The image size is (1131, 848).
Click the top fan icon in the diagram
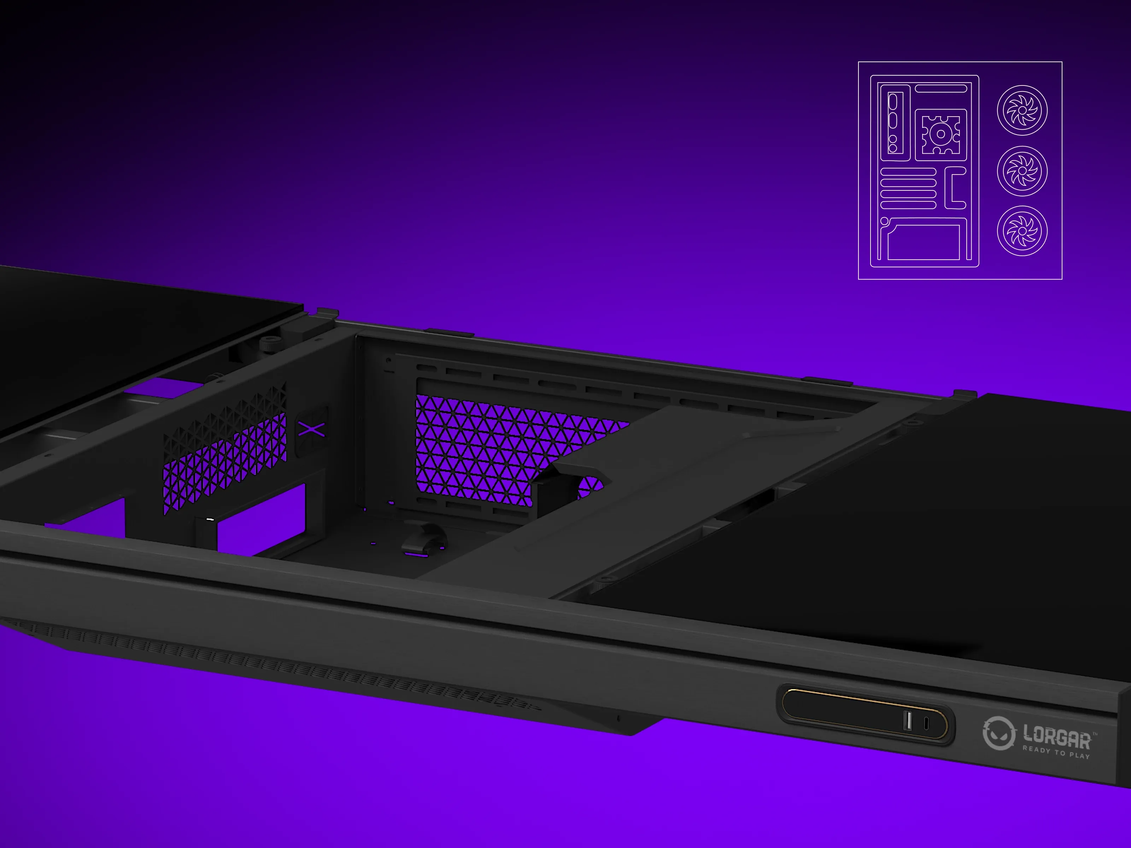(1022, 110)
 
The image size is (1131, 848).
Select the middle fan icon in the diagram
(1022, 171)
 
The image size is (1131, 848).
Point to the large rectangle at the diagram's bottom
(924, 242)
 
